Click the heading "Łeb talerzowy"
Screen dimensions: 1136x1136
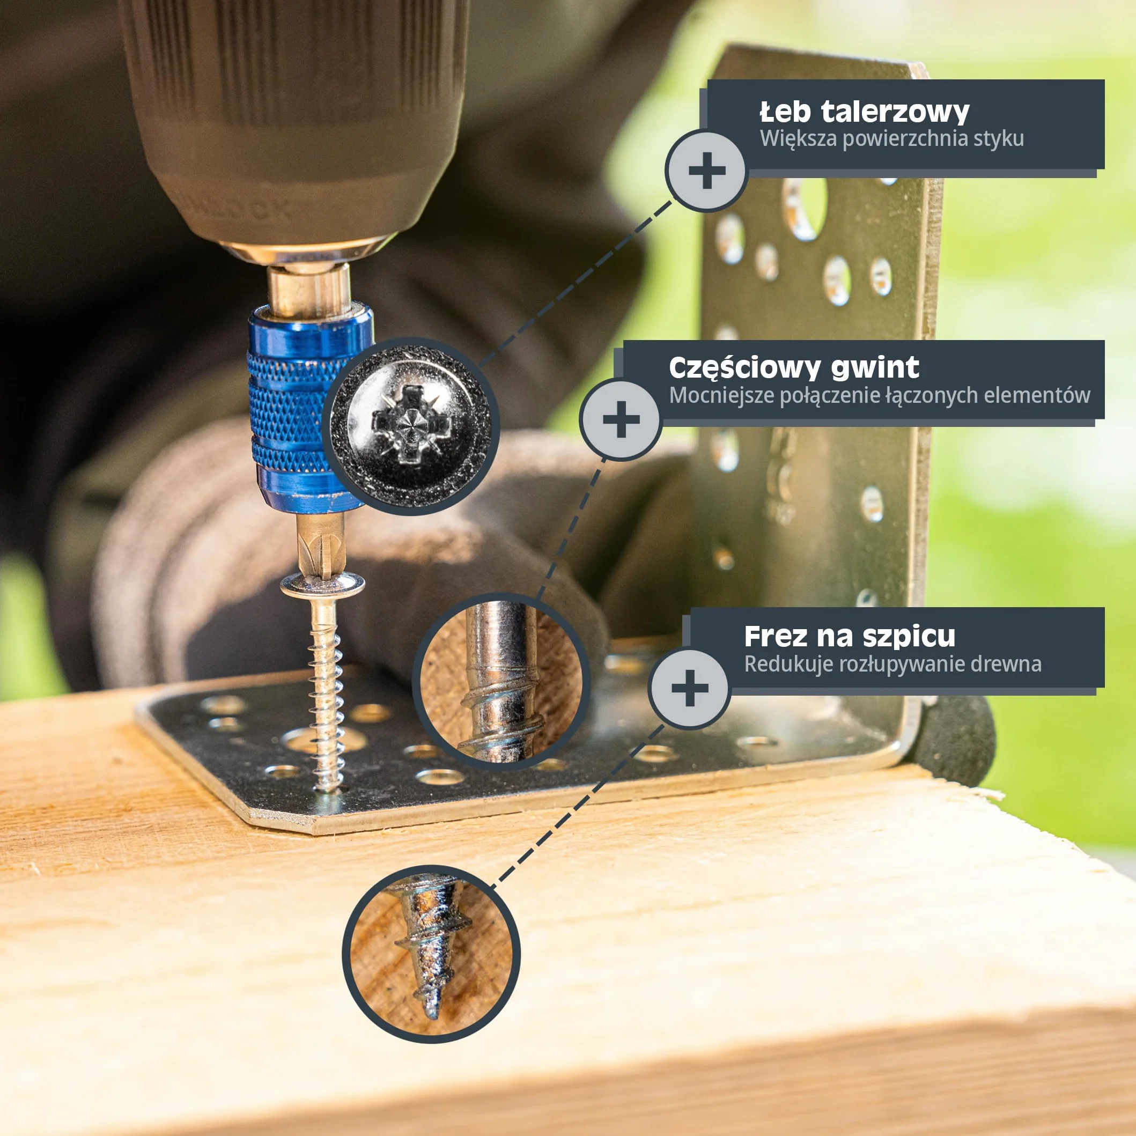coord(865,112)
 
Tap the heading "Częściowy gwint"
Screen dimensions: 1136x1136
coord(794,368)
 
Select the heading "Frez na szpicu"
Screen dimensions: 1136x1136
coord(850,636)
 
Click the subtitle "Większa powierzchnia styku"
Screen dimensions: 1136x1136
coord(892,139)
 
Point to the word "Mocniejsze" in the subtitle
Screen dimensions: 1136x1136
coord(722,395)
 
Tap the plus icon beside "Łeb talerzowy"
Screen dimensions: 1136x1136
coord(707,171)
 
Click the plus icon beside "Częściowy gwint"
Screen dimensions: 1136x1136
coord(621,420)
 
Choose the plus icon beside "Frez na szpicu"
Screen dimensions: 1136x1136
coord(690,689)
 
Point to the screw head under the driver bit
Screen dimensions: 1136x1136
coord(322,584)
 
